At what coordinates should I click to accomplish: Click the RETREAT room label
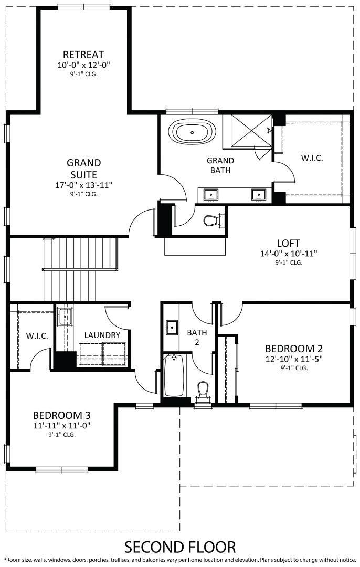[83, 55]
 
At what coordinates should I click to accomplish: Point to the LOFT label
[288, 243]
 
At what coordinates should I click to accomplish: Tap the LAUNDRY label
[102, 335]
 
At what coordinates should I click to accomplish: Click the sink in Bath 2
[171, 327]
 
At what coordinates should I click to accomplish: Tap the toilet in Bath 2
[203, 390]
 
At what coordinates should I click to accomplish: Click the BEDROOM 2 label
[293, 349]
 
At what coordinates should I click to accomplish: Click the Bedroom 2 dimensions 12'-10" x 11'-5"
[293, 359]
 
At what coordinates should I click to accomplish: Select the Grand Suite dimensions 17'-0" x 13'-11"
[83, 185]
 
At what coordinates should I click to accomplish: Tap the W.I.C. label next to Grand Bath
[312, 157]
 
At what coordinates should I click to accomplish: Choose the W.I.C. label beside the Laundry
[37, 335]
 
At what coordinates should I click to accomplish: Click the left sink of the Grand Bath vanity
[211, 195]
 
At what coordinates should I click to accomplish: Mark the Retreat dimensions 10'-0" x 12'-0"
[83, 65]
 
